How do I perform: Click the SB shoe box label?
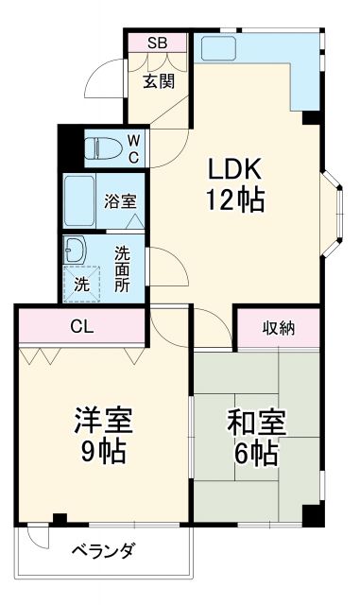[158, 43]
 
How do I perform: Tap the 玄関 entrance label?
[159, 81]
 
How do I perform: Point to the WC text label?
[133, 148]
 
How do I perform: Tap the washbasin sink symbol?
[75, 251]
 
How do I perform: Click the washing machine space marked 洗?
[81, 283]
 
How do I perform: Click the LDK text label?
[234, 170]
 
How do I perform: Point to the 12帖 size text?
[234, 200]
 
